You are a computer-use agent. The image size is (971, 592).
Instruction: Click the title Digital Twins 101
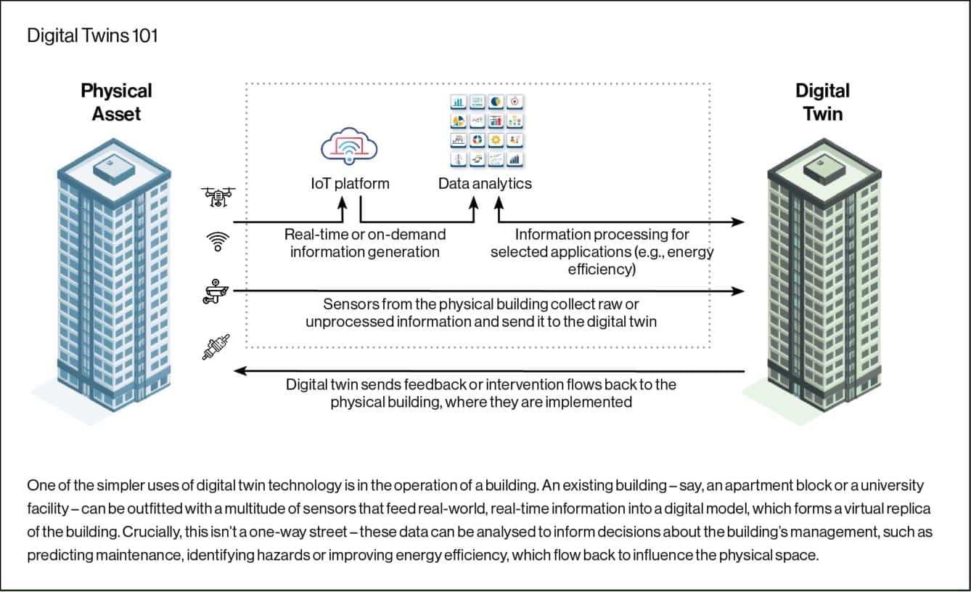point(92,36)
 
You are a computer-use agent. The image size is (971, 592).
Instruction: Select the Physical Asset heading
point(116,102)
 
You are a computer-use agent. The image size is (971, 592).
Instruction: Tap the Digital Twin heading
point(822,102)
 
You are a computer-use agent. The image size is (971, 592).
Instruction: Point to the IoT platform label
point(345,183)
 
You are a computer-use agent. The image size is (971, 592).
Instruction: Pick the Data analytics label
point(485,183)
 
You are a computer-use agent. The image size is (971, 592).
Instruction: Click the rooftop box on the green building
point(822,168)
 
